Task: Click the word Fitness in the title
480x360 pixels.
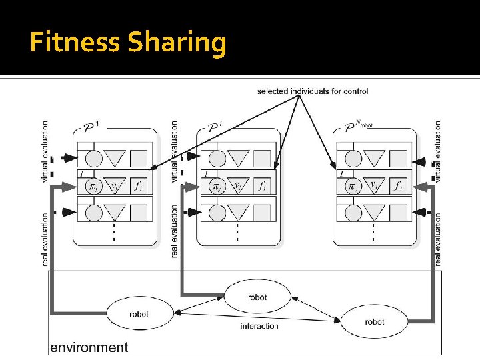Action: click(75, 43)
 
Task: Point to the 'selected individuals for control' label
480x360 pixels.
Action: click(312, 91)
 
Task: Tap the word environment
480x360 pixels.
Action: click(89, 347)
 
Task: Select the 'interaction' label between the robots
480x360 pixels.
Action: click(259, 326)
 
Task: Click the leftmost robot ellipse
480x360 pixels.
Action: click(139, 313)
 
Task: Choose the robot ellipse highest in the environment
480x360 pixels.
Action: click(257, 296)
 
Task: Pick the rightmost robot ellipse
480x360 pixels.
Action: click(374, 321)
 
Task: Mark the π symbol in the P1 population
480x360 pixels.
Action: click(94, 186)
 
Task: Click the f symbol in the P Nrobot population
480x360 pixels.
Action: click(398, 186)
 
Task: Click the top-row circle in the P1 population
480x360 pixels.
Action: click(94, 159)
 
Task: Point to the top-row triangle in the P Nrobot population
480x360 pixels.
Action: click(374, 159)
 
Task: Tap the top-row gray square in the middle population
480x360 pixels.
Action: click(262, 159)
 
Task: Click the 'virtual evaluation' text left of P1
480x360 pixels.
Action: click(45, 151)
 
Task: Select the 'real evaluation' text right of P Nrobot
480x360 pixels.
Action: click(438, 240)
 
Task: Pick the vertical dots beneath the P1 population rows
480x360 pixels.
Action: click(114, 232)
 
